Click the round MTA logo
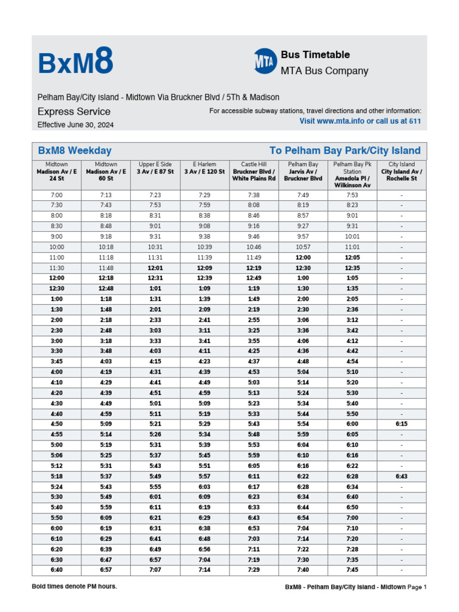point(265,62)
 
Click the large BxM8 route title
point(75,63)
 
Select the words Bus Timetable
point(315,55)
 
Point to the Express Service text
point(74,112)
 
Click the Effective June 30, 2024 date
point(75,125)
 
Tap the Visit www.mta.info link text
point(360,121)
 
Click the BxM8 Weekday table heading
point(75,151)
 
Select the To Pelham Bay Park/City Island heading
point(345,151)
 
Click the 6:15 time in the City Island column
point(402,424)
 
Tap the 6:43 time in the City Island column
point(402,476)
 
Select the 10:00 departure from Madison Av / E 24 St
point(57,247)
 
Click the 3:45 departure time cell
point(57,361)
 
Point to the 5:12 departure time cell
point(57,466)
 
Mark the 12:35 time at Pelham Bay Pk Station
point(352,268)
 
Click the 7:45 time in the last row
point(352,570)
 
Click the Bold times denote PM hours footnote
point(75,586)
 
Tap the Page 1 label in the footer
point(417,587)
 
